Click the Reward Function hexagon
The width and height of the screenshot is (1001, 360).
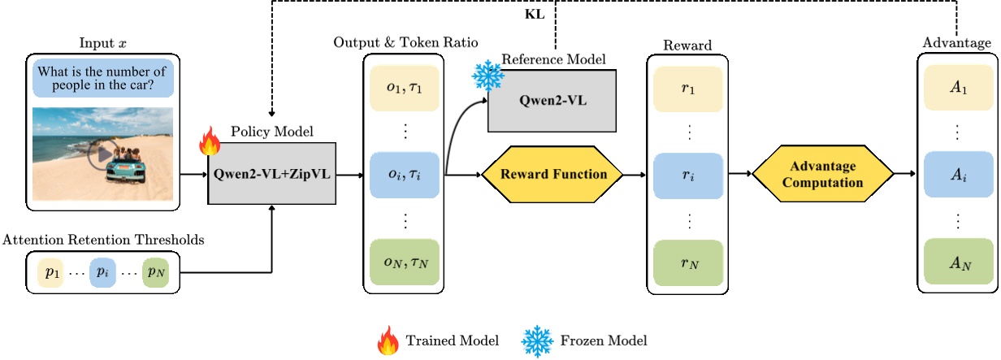click(552, 174)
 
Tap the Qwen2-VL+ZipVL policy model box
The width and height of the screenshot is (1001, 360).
click(271, 174)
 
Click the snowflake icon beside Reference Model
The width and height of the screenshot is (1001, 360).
click(487, 76)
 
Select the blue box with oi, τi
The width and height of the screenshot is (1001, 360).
click(403, 174)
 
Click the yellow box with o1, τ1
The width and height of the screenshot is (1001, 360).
click(403, 87)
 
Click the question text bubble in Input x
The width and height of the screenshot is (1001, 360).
click(103, 78)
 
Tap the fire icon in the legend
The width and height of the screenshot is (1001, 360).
click(388, 340)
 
